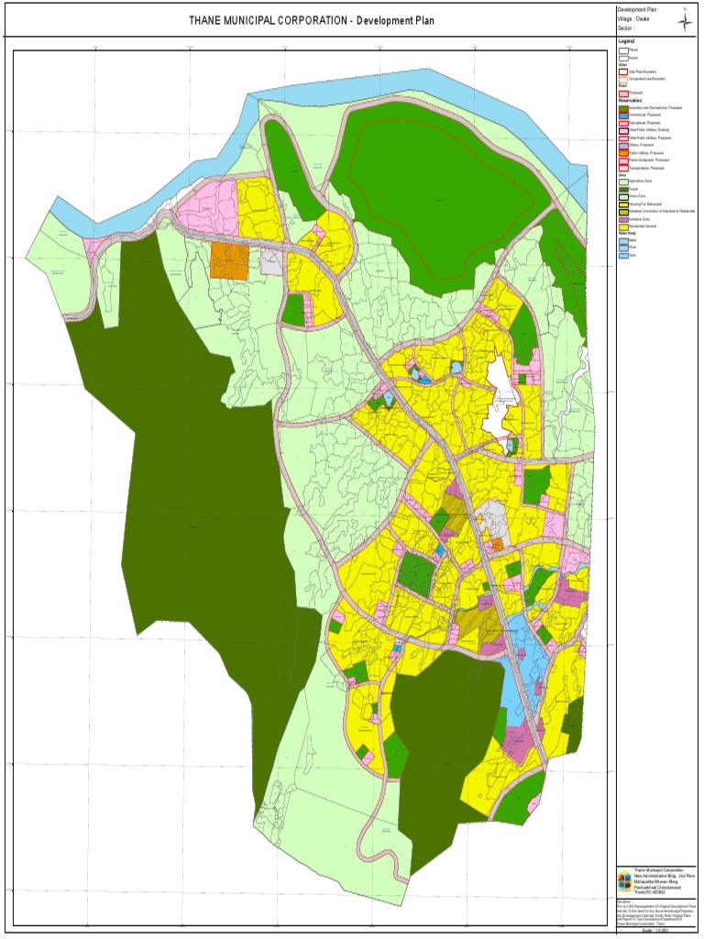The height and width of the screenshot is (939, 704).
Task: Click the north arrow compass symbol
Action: (686, 22)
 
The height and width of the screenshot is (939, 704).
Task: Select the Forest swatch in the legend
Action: (622, 190)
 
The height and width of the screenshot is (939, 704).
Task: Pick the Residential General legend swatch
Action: (622, 227)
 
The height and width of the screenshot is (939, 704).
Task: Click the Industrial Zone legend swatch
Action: (622, 220)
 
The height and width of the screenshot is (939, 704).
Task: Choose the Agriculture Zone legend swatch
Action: (622, 182)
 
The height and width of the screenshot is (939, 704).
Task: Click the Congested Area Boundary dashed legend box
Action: (622, 79)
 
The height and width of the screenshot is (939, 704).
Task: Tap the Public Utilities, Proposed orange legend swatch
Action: (622, 152)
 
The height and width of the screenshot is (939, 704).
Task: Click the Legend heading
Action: (626, 41)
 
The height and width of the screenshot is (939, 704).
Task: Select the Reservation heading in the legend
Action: (629, 101)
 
